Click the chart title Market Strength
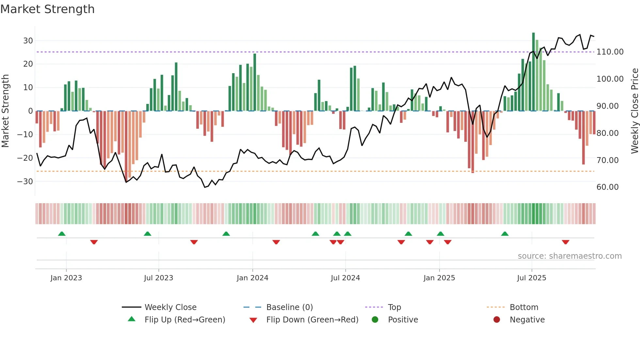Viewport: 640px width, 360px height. pos(47,9)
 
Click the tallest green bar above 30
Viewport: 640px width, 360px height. pos(533,72)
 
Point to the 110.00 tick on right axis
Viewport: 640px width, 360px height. pos(610,52)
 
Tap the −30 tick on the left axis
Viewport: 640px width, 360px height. pos(25,181)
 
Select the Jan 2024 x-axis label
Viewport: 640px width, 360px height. pos(252,278)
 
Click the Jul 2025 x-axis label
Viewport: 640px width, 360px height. pos(531,278)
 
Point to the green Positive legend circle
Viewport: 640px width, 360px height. pos(375,320)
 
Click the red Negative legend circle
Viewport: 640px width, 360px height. pos(497,320)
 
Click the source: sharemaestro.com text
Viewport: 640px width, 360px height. pos(569,256)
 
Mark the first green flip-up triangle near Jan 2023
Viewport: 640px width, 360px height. pos(62,234)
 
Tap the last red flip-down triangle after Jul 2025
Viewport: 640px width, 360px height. pos(566,242)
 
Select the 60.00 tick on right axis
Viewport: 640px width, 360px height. pos(607,187)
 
